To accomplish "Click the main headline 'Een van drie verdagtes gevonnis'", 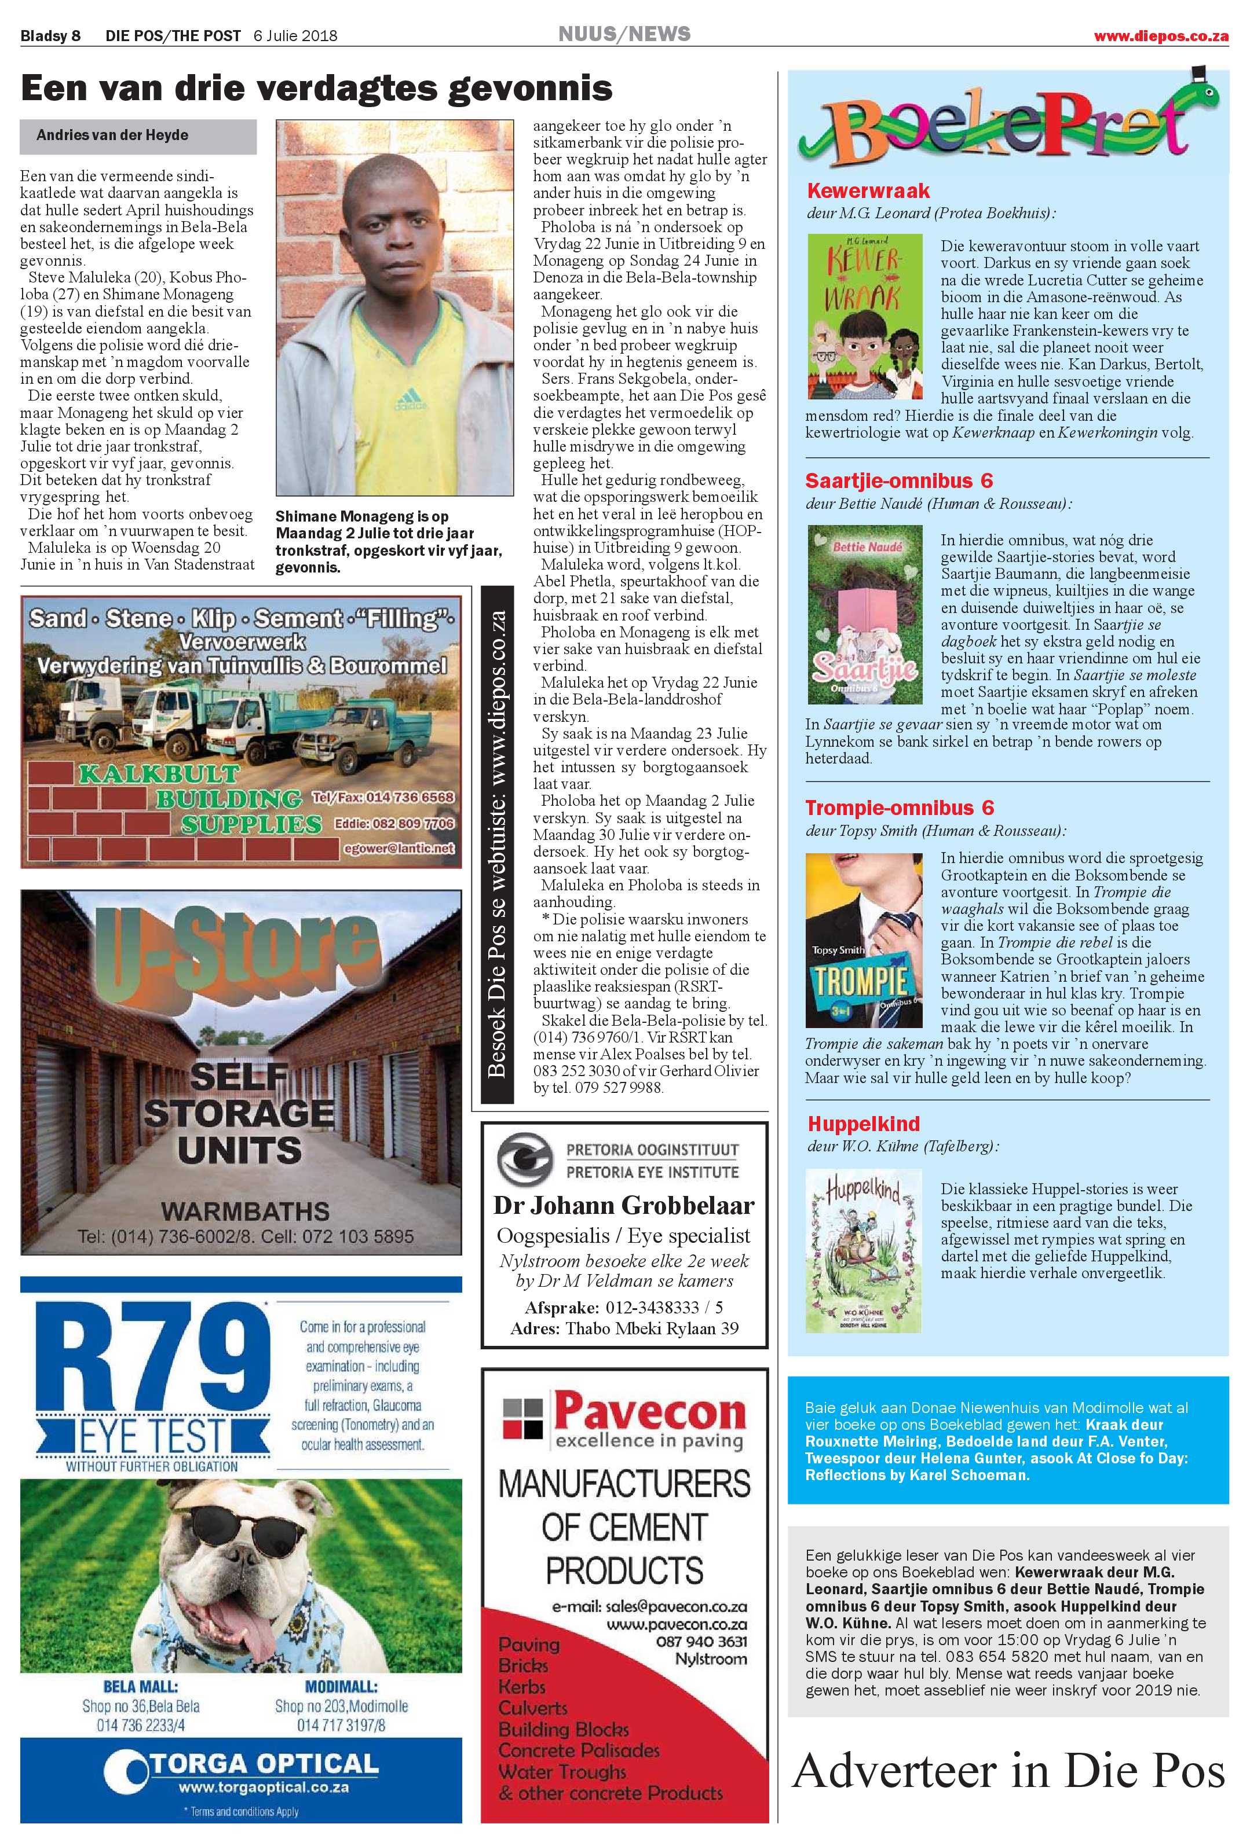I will coord(316,88).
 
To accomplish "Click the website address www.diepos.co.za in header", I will coord(1161,36).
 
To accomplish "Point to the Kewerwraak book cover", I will coord(864,315).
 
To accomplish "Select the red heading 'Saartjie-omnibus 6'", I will coord(899,480).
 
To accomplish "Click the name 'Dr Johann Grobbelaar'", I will coord(624,1206).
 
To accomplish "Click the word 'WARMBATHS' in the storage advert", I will coord(245,1212).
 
